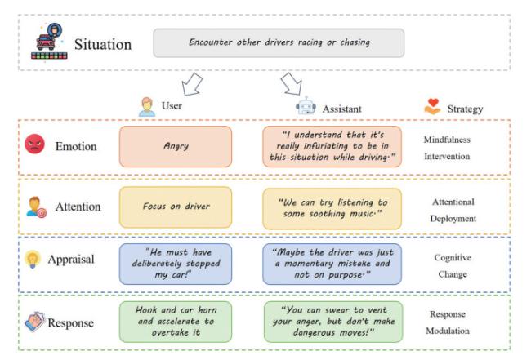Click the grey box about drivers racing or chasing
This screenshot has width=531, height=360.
tap(279, 42)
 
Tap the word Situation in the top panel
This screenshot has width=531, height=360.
tap(103, 44)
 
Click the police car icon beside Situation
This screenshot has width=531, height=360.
tap(50, 41)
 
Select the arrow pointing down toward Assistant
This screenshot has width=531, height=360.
tap(291, 83)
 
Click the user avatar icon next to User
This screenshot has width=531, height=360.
tap(147, 107)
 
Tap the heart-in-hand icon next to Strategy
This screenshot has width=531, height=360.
tap(435, 107)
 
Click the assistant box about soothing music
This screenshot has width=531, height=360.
tap(332, 207)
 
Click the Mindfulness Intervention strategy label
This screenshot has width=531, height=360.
tap(447, 147)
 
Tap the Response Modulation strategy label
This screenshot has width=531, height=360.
tap(449, 322)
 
